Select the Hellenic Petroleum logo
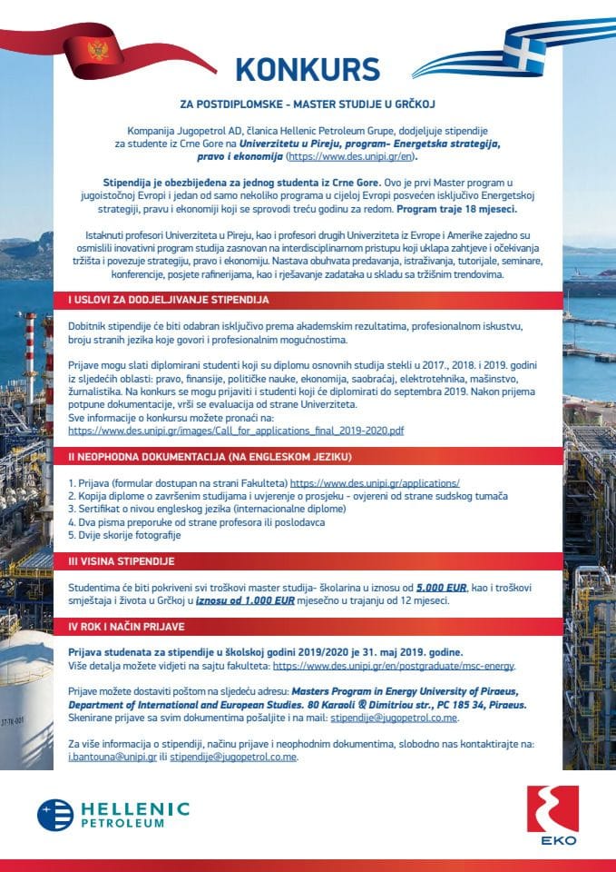pyautogui.click(x=112, y=814)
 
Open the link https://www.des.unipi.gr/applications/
pyautogui.click(x=375, y=483)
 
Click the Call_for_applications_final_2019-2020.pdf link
pyautogui.click(x=236, y=430)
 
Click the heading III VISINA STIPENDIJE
pyautogui.click(x=122, y=562)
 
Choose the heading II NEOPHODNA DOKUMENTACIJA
pyautogui.click(x=210, y=457)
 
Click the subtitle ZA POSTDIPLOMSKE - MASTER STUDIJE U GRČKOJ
pyautogui.click(x=307, y=104)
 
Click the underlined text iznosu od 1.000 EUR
pyautogui.click(x=245, y=601)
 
